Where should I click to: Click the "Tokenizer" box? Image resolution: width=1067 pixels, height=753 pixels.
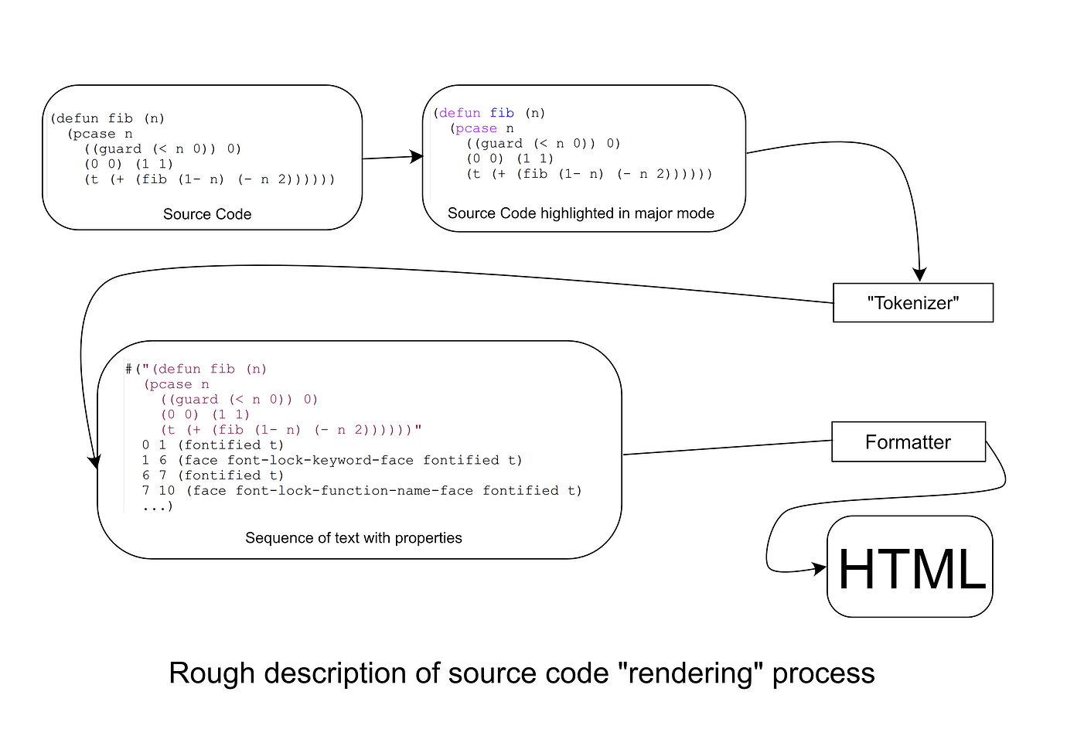[x=912, y=303]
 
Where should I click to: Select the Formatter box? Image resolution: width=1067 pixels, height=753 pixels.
[x=908, y=442]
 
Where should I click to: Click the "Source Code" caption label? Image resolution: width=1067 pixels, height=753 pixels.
[x=207, y=214]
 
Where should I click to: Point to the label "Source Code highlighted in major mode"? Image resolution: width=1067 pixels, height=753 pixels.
[x=581, y=213]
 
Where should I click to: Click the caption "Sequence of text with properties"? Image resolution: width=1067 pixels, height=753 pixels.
[x=353, y=538]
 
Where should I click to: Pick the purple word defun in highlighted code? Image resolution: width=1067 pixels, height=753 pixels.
[x=459, y=114]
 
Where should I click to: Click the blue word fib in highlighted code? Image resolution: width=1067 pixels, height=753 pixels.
[x=502, y=114]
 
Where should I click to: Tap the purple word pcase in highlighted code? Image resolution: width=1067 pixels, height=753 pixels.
[x=476, y=129]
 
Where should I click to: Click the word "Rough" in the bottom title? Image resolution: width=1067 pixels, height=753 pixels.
[x=200, y=674]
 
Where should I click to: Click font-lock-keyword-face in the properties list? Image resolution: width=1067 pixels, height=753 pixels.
[x=320, y=461]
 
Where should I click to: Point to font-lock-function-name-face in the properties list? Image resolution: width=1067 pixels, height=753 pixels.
[x=354, y=491]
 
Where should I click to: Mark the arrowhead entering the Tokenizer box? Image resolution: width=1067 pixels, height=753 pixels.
[x=919, y=275]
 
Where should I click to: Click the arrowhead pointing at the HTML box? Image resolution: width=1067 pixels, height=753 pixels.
[x=820, y=570]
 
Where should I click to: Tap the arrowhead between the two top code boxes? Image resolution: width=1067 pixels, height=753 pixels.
[x=417, y=157]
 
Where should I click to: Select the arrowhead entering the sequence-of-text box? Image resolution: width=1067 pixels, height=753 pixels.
[x=94, y=462]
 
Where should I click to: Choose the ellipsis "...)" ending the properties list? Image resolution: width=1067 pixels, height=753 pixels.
[x=158, y=506]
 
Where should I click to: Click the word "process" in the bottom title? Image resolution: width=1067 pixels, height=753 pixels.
[x=823, y=674]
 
